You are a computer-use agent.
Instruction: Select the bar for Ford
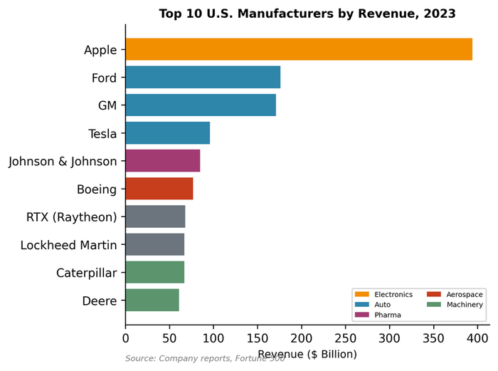coord(203,77)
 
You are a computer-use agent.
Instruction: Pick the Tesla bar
coord(168,132)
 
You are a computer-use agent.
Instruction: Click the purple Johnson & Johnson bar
coord(163,161)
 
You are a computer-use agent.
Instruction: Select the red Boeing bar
coord(159,189)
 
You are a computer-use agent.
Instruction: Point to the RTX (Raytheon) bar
coord(155,216)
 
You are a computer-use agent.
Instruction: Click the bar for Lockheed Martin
coord(155,244)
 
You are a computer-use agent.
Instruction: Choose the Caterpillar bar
coord(155,272)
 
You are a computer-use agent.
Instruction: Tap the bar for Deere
coord(152,300)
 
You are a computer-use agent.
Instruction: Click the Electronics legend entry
coord(385,294)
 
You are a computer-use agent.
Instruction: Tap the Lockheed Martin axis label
coord(68,244)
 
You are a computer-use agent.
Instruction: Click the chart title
coord(307,13)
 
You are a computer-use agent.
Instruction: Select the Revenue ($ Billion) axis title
coord(307,353)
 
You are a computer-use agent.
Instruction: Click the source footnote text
coord(205,358)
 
